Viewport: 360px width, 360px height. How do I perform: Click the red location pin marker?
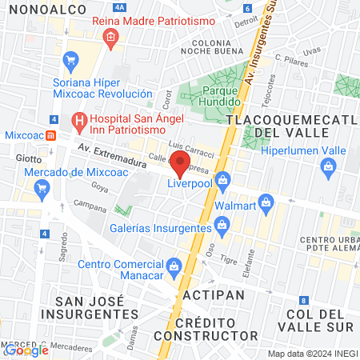181,165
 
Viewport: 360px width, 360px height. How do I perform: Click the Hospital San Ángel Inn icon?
78,122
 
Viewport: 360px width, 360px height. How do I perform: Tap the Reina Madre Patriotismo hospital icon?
110,36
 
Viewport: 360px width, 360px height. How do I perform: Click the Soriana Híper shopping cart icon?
70,59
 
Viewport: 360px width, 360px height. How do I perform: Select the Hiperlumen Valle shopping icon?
326,166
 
